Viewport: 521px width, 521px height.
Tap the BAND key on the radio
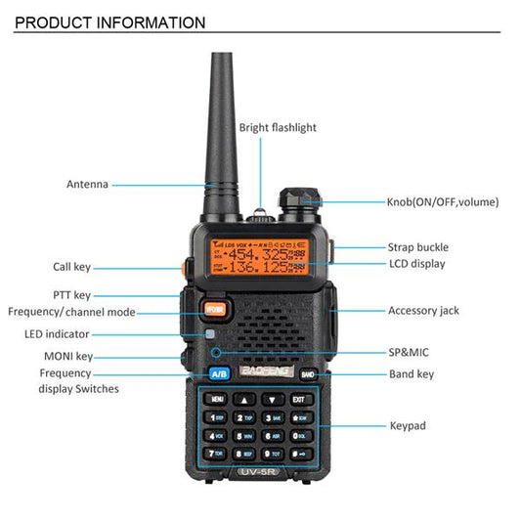[307, 374]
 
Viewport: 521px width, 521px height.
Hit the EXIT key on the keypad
[298, 399]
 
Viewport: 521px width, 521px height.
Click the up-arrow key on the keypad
[243, 399]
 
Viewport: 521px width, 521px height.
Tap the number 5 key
[243, 436]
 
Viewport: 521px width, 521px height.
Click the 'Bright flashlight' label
[278, 128]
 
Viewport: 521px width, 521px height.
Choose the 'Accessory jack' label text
[422, 311]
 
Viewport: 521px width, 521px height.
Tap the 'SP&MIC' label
[408, 352]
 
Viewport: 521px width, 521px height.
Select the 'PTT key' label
[71, 294]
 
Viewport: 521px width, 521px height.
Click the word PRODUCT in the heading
[55, 22]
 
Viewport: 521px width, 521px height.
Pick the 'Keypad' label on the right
[407, 426]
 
